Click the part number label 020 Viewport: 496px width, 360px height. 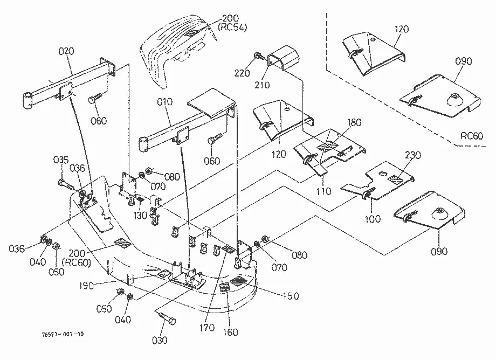click(66, 51)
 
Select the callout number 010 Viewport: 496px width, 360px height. click(165, 102)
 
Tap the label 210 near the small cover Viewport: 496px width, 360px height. click(262, 85)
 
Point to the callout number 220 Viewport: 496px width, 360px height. click(242, 73)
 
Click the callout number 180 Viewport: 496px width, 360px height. click(354, 122)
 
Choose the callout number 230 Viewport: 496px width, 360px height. click(413, 155)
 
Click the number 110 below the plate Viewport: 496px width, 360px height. click(323, 191)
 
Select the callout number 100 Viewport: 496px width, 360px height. click(373, 219)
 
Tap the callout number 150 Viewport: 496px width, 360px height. click(291, 296)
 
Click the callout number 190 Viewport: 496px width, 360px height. click(86, 286)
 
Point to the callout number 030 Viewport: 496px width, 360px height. click(160, 341)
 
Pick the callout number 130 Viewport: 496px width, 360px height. click(140, 215)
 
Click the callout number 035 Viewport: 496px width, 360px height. click(61, 160)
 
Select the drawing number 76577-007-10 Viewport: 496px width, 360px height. click(63, 334)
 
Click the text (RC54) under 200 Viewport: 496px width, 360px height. click(232, 27)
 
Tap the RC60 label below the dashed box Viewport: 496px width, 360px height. click(472, 136)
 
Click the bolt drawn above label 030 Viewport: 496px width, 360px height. click(166, 317)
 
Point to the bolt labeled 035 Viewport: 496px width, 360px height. click(67, 185)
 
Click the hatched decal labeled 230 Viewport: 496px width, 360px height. click(395, 179)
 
